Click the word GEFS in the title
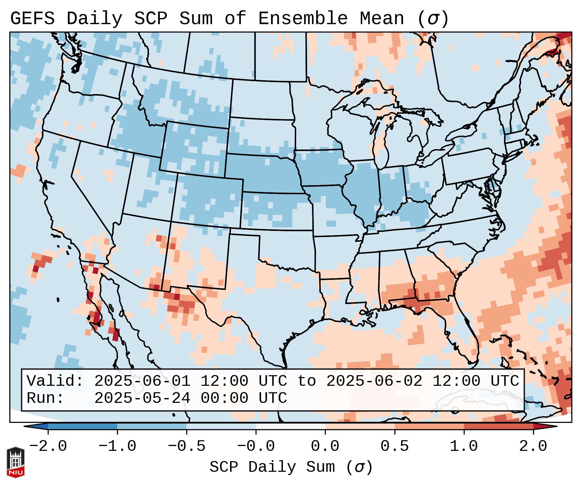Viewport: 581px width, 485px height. (x=32, y=18)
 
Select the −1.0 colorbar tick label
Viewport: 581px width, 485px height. (x=117, y=446)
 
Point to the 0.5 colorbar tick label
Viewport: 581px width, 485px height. (x=394, y=446)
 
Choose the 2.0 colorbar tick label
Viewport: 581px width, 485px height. (x=533, y=446)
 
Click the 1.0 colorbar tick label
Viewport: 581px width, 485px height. (x=464, y=446)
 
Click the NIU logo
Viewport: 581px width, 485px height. (x=15, y=462)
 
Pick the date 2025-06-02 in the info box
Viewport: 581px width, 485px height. (x=374, y=381)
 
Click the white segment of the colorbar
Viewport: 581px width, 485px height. (x=290, y=426)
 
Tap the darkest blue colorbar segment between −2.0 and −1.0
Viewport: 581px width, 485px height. (x=82, y=426)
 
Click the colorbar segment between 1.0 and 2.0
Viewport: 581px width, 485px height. (x=499, y=426)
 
